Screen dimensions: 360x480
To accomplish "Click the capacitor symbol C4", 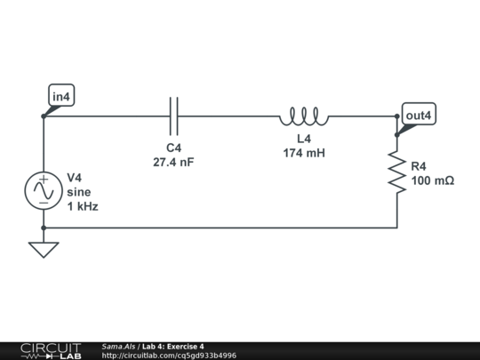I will click(174, 116).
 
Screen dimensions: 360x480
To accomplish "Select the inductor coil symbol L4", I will click(304, 116).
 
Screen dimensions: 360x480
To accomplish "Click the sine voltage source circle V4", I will click(43, 191).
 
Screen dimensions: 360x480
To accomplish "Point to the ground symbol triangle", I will click(43, 249).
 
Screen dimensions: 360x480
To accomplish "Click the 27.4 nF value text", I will click(174, 162).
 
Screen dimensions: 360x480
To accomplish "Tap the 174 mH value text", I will click(304, 153).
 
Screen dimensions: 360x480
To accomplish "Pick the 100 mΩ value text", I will click(433, 180).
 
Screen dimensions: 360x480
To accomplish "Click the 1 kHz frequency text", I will click(83, 205).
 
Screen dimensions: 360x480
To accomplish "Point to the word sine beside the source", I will click(78, 191).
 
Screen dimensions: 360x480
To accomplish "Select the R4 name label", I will click(419, 166).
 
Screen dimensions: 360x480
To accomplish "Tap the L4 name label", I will click(304, 140).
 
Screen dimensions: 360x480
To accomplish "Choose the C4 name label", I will click(174, 148).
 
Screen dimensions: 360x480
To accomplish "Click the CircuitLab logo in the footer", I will click(50, 350).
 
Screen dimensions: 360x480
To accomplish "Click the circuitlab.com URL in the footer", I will click(169, 356).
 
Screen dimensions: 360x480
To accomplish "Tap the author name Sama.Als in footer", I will click(118, 346).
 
